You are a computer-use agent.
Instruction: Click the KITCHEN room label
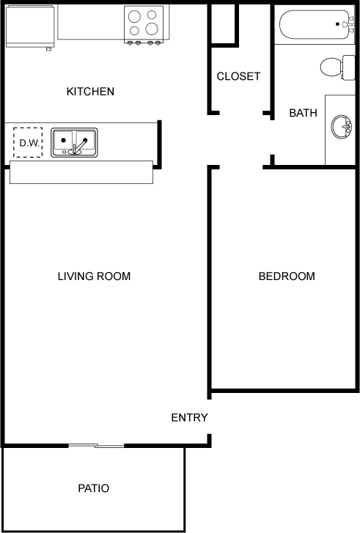tap(90, 92)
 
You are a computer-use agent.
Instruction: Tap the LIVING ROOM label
tap(94, 276)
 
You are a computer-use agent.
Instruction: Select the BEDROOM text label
tap(287, 276)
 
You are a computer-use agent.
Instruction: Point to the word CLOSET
tap(238, 76)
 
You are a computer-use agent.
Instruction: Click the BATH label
tap(303, 113)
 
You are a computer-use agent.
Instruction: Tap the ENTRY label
tap(189, 417)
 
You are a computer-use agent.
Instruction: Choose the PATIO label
tap(94, 488)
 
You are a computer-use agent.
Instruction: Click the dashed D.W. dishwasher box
tap(28, 142)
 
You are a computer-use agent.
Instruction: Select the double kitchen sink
tap(74, 142)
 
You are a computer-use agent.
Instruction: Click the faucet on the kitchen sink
tap(78, 146)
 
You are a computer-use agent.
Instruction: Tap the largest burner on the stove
tap(152, 29)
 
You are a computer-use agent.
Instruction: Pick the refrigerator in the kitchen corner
tap(30, 26)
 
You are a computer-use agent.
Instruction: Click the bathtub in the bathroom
tap(315, 24)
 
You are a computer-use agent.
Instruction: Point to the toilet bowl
tap(331, 67)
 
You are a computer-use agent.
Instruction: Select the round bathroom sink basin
tap(341, 127)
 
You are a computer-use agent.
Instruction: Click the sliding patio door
tap(96, 445)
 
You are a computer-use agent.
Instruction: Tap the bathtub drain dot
tap(337, 24)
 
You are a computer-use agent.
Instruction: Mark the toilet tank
tap(348, 67)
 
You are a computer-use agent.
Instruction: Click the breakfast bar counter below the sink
tap(81, 172)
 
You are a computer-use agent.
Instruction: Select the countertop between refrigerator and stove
tap(91, 22)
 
